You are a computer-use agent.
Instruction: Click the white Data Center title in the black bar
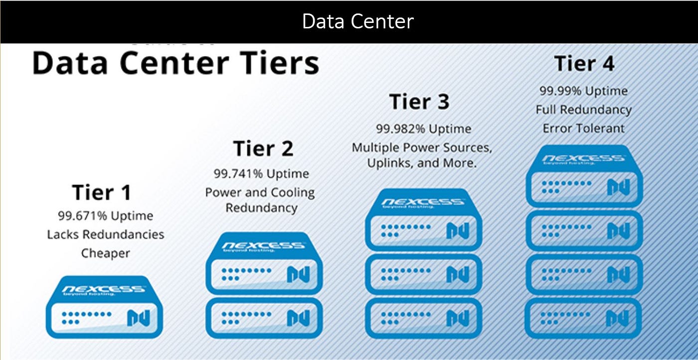tap(357, 21)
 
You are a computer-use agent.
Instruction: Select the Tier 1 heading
tap(102, 192)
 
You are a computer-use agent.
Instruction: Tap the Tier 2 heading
tap(263, 149)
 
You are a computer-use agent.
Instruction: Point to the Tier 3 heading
tap(419, 102)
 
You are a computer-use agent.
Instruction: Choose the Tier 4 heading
tap(584, 64)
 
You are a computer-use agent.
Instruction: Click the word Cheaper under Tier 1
tap(105, 253)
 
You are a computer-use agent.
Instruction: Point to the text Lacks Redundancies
tap(105, 234)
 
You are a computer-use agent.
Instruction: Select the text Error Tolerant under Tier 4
tap(583, 128)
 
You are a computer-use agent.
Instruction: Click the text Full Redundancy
tap(583, 109)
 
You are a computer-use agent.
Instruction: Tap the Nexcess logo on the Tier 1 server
tap(104, 289)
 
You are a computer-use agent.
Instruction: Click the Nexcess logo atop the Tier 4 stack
tap(583, 159)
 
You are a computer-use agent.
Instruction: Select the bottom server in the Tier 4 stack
tap(583, 318)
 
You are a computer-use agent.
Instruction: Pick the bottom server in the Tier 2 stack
tap(264, 318)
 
